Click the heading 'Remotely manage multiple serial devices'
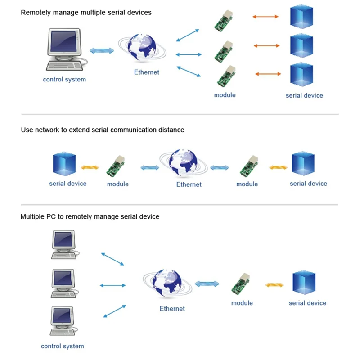(86, 13)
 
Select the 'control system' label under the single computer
(64, 80)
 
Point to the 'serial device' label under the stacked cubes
(304, 95)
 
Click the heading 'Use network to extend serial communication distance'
(103, 130)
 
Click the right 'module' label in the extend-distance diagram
(247, 184)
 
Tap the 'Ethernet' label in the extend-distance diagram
(189, 184)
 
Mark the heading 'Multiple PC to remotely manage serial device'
(90, 216)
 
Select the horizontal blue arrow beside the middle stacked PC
(112, 285)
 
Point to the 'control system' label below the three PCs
(63, 346)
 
